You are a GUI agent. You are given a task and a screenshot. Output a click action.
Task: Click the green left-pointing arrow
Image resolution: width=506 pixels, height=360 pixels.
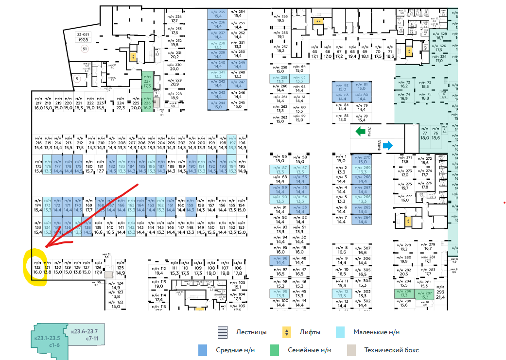360,131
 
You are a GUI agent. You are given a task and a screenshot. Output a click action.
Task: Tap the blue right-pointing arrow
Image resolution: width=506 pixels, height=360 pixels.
387,145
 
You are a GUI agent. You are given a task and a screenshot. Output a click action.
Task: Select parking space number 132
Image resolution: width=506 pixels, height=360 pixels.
37,269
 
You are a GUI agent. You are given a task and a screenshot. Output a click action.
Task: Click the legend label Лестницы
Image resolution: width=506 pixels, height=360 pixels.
251,333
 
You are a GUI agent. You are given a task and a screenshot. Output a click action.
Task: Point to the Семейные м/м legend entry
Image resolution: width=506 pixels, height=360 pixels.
309,350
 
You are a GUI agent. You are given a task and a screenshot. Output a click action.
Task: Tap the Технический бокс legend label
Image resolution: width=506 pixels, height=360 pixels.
391,350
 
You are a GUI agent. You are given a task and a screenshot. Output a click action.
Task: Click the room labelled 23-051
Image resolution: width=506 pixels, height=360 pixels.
83,37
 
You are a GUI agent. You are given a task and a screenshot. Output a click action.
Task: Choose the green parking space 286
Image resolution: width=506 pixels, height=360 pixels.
403,293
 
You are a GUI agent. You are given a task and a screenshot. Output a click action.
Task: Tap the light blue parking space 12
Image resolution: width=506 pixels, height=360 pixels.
342,293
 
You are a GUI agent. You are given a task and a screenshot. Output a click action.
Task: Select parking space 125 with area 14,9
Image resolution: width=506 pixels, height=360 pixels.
121,270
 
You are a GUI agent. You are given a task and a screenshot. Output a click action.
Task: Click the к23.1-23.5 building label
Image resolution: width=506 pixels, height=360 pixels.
47,342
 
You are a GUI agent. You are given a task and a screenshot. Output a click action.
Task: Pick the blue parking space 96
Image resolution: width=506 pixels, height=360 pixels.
280,260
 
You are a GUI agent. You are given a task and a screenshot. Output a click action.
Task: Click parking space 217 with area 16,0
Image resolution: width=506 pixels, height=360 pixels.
38,106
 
